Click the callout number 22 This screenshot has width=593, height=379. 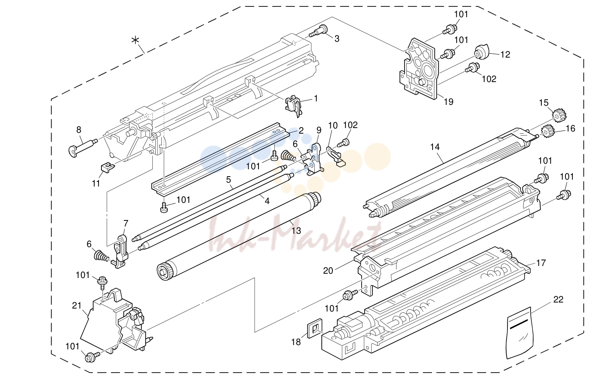pos(558,300)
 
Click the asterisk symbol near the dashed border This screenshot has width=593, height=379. pos(135,40)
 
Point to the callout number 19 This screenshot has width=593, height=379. pos(449,101)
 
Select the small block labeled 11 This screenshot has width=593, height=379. pos(108,167)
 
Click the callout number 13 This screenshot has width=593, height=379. pos(296,231)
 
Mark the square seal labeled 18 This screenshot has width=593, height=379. pos(314,328)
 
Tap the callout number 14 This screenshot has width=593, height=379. pos(435,147)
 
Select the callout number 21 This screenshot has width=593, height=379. pos(77,306)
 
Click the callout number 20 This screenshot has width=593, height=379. pos(328,271)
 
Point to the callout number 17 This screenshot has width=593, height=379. pos(541,263)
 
